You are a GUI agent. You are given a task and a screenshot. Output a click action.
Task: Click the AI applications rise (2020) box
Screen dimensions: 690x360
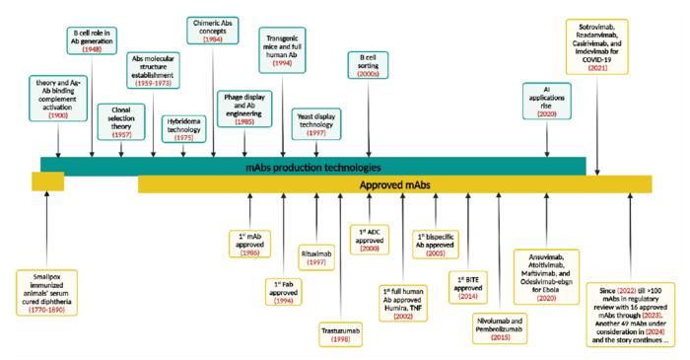coord(548,100)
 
